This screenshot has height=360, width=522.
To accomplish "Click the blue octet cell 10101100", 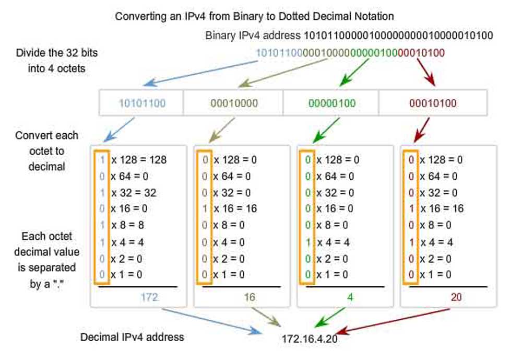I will pyautogui.click(x=142, y=103).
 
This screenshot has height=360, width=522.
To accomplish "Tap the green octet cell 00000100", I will pyautogui.click(x=330, y=103).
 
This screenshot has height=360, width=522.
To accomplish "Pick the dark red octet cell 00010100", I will pyautogui.click(x=433, y=103).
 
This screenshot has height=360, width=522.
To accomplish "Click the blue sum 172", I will pyautogui.click(x=149, y=297).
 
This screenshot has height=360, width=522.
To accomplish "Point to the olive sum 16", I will pyautogui.click(x=250, y=297).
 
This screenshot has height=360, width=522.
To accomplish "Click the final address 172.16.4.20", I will pyautogui.click(x=310, y=339).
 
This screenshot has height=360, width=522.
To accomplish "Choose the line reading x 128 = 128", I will pyautogui.click(x=138, y=160).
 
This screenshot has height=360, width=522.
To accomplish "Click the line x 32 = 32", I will pyautogui.click(x=133, y=193).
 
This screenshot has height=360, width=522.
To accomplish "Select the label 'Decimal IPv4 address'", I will pyautogui.click(x=132, y=337).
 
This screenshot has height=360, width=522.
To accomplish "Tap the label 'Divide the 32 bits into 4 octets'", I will pyautogui.click(x=57, y=61).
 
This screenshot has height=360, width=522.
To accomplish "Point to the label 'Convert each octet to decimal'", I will pyautogui.click(x=46, y=150).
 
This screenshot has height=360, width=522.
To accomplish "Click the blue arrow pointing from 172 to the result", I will pyautogui.click(x=214, y=320).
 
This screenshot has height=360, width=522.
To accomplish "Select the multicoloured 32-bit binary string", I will pyautogui.click(x=350, y=53).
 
